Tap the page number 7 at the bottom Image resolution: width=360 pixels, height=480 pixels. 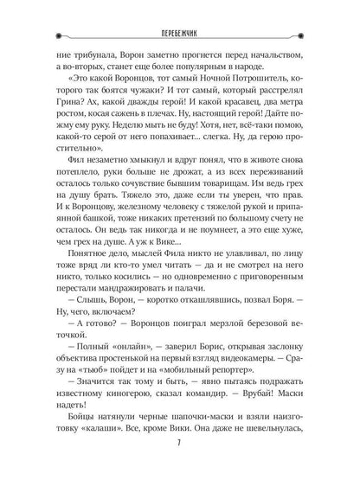tap(180, 451)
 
